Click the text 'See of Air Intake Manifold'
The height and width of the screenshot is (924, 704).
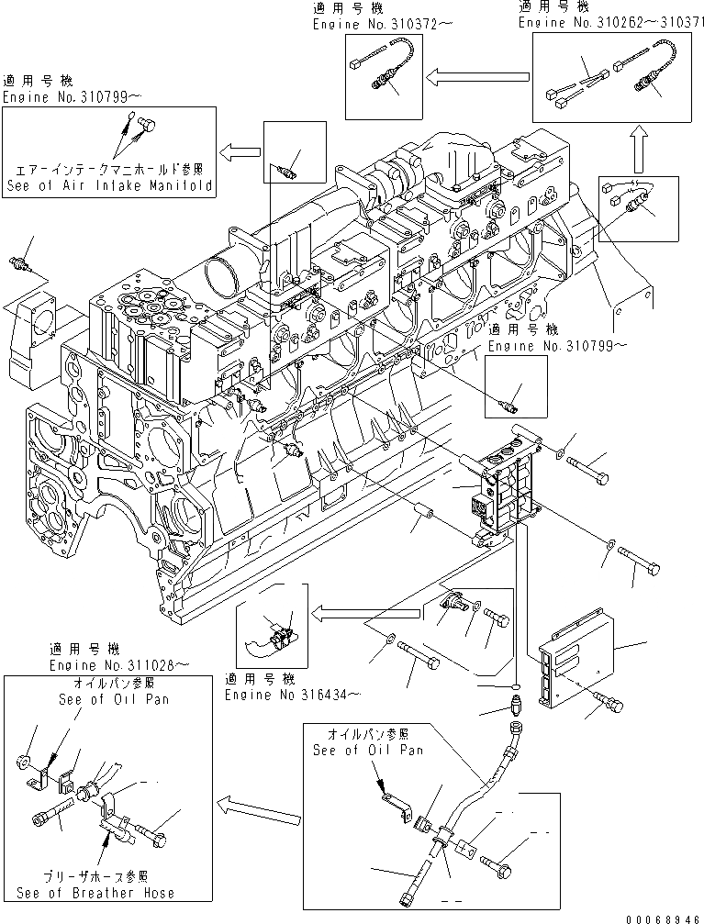[x=109, y=184]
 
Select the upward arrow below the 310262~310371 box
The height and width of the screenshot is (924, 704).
[x=640, y=147]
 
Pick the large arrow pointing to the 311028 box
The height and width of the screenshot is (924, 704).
[x=260, y=809]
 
